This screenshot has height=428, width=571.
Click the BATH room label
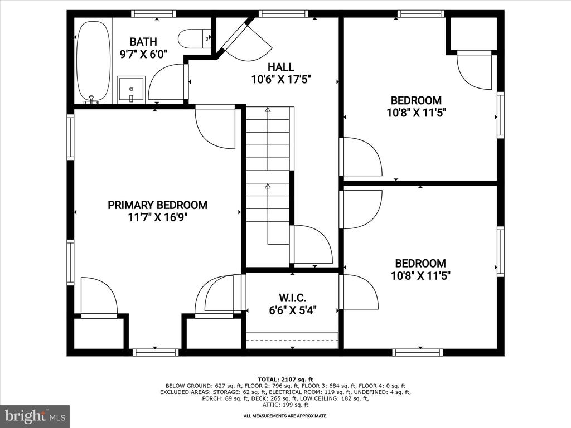coord(143,41)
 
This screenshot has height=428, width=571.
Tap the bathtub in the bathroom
coord(93,62)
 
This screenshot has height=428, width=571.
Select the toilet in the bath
coord(195,38)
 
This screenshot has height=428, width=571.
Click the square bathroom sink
coord(131,90)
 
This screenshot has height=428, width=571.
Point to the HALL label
coord(281,67)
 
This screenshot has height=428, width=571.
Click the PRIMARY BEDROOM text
coord(158,205)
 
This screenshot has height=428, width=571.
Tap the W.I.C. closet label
coord(292,298)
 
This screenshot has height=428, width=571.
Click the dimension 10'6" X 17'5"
coord(281,79)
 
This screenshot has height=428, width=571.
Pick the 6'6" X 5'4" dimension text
coord(292,310)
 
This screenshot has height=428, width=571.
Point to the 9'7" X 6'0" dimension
coord(143,54)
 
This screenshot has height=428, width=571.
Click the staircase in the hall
coord(269,186)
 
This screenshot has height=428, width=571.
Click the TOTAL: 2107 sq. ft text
coord(285,380)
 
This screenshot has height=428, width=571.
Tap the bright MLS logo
coord(35,416)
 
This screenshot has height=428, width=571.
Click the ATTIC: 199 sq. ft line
coord(285,405)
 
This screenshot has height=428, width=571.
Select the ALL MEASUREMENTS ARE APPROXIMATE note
coord(285,416)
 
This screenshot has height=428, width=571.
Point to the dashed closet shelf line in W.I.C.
coord(292,341)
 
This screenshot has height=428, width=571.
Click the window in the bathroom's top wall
coord(153,14)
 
